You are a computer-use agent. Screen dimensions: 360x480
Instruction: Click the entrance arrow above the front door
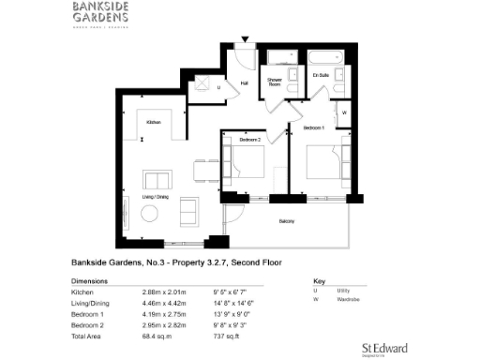pyautogui.click(x=247, y=38)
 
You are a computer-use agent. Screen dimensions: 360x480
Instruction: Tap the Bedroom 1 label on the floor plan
pyautogui.click(x=312, y=125)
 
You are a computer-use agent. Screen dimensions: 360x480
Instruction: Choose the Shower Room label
pyautogui.click(x=276, y=81)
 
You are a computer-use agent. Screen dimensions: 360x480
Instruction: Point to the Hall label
pyautogui.click(x=244, y=83)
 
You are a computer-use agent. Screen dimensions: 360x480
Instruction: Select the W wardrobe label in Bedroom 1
pyautogui.click(x=344, y=112)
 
